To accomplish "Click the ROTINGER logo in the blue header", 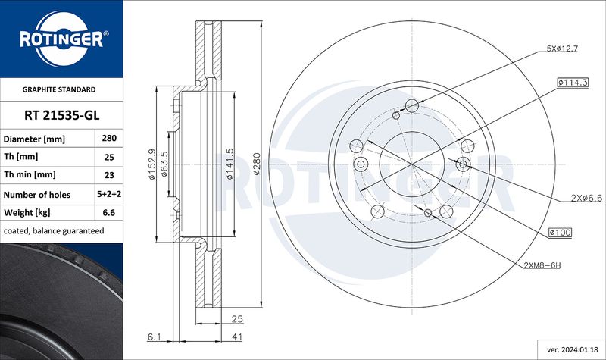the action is tap(62, 39).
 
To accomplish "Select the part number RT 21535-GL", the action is tap(61, 115).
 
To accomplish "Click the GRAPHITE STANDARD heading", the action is tap(59, 89).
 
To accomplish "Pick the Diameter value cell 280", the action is tap(109, 138).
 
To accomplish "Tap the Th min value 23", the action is tap(109, 175).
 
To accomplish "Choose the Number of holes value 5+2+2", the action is tap(109, 194).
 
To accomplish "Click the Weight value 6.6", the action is tap(109, 212).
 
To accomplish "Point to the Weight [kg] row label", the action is tap(27, 212).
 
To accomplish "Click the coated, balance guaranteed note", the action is tap(54, 231).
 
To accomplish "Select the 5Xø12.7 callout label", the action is tap(562, 49).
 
